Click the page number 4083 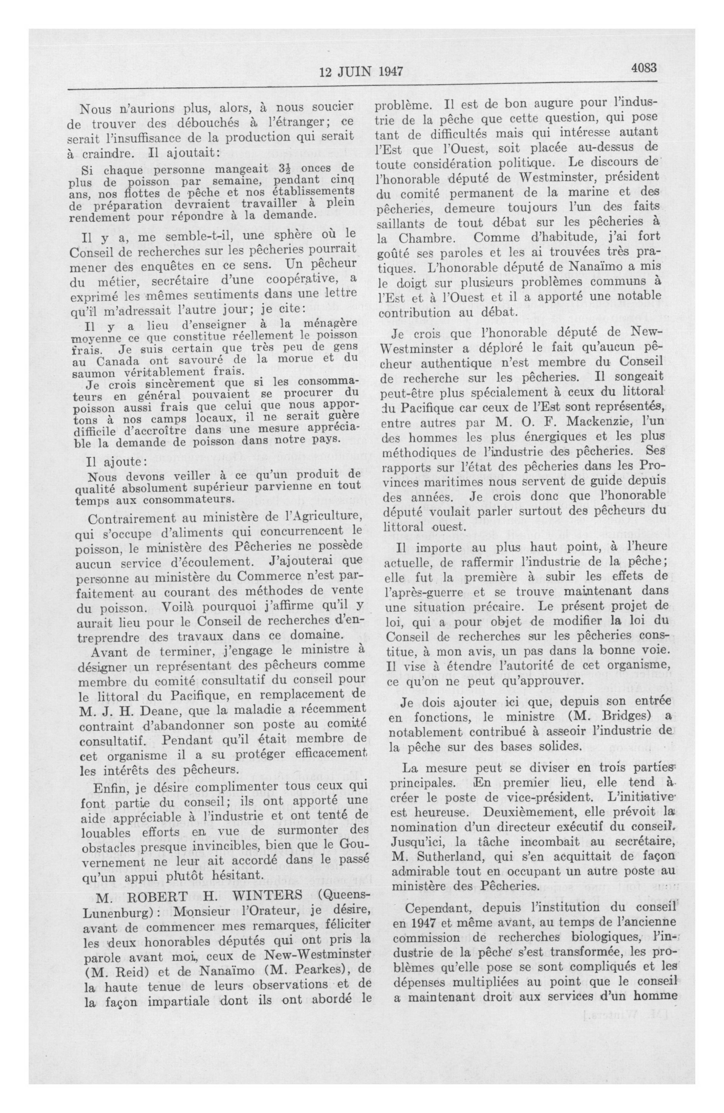pos(644,68)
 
